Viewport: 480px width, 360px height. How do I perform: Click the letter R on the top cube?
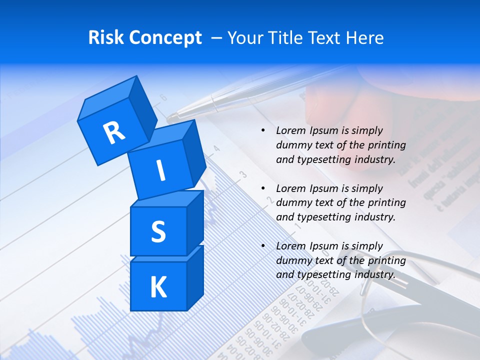pos(114,132)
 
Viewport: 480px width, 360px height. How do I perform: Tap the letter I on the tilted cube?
pos(160,170)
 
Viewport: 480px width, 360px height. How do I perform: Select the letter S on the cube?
pos(158,231)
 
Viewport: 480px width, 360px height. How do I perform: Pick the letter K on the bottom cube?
pos(158,287)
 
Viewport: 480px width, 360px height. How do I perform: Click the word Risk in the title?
pos(106,37)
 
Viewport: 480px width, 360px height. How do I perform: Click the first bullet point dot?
pos(263,130)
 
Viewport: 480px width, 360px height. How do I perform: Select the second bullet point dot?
pos(263,188)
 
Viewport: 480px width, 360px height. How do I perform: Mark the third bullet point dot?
pos(263,246)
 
